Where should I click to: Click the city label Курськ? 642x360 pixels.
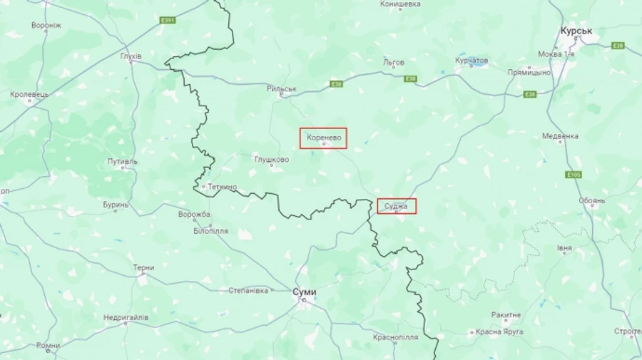click(576, 31)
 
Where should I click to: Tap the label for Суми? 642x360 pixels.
click(305, 292)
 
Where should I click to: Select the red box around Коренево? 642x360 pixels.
click(323, 138)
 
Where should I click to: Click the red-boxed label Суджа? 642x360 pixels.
click(397, 206)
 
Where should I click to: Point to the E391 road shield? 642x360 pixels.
click(168, 20)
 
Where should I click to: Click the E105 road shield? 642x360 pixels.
click(574, 175)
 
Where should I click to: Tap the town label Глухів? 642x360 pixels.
click(131, 56)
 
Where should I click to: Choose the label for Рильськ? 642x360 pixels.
click(281, 89)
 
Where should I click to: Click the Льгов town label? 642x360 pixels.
click(394, 62)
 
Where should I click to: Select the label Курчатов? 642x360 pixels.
click(472, 61)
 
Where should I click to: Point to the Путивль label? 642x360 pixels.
click(123, 162)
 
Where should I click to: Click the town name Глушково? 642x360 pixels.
click(272, 159)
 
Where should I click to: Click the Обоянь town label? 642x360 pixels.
click(592, 201)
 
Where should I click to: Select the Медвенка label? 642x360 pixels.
click(560, 135)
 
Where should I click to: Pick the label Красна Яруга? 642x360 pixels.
click(499, 331)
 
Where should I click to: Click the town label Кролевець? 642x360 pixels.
click(30, 94)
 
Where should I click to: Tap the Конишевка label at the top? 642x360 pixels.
click(400, 4)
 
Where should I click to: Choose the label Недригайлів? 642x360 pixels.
click(126, 317)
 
